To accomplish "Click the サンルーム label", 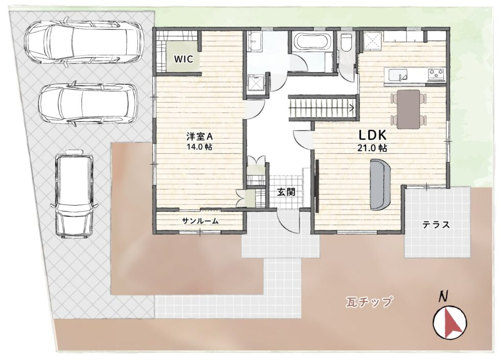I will pos(200,221).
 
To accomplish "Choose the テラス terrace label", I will pos(436,224).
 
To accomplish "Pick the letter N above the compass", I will pos(444,296).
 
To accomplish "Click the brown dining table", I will pos(408,108).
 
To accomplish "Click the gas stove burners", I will pos(436,74).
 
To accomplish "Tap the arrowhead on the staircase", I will pos(352,107).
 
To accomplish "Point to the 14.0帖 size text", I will pos(200,146).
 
